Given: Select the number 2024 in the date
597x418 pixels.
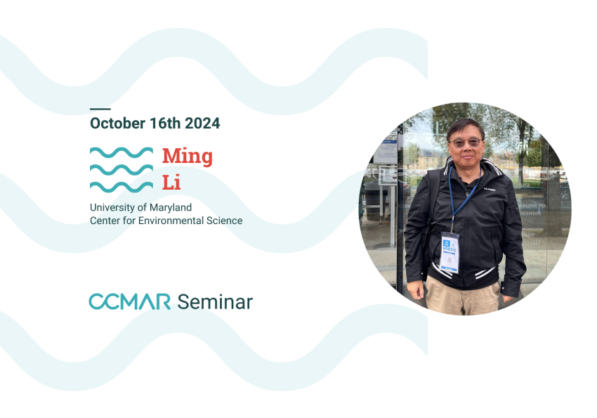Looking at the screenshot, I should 202,124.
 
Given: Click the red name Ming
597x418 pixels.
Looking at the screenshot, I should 187,156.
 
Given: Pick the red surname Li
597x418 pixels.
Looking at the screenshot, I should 171,183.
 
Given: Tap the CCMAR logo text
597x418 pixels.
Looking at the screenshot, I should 130,302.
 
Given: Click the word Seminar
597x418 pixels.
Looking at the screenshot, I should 215,302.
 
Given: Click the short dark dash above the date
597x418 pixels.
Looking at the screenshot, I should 100,109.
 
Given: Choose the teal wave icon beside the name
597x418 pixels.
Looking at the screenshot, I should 122,169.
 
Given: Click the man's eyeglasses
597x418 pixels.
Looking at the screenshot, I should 466,142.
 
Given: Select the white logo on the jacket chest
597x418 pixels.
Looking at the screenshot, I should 489,189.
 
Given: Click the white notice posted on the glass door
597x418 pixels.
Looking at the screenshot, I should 384,150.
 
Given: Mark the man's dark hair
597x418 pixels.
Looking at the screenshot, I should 466,126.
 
